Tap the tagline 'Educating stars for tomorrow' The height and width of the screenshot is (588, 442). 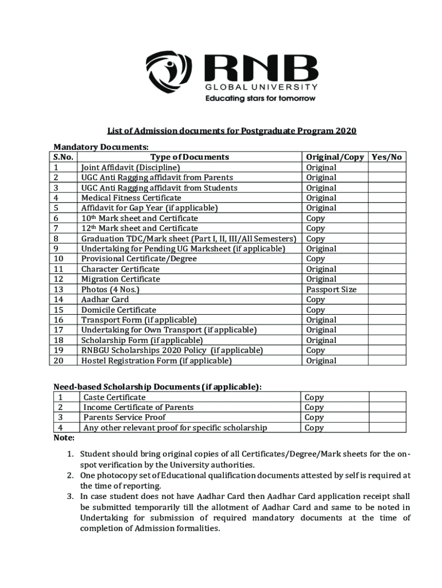(x=261, y=98)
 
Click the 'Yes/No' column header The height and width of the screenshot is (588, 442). (x=387, y=157)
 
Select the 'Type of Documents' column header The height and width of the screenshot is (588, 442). (x=189, y=157)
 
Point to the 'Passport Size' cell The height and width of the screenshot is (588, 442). (x=331, y=289)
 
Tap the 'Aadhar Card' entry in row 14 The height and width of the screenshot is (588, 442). (x=105, y=299)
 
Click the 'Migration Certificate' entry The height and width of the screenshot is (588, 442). (x=121, y=279)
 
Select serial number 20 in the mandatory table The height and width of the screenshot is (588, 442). (x=58, y=361)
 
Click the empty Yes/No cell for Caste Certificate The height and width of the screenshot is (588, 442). (x=387, y=397)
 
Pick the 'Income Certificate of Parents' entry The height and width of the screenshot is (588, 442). (x=138, y=407)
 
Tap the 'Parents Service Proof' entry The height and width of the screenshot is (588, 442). (x=125, y=417)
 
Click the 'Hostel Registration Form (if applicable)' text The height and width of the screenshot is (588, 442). (x=156, y=361)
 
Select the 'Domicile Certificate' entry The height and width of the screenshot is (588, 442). (x=118, y=310)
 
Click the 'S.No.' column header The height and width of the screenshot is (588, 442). (x=64, y=157)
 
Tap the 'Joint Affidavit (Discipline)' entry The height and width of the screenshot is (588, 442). (x=130, y=167)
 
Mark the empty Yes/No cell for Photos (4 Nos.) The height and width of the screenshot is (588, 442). (x=387, y=289)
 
